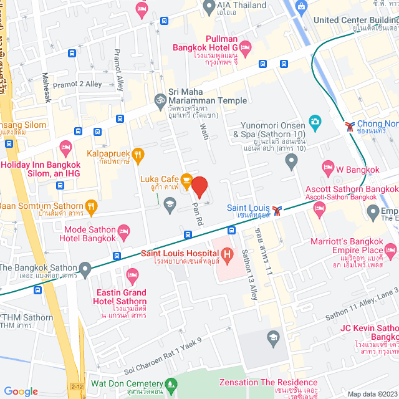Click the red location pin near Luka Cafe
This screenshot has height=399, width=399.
tap(199, 187)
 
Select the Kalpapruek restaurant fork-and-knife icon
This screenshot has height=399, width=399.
tap(138, 153)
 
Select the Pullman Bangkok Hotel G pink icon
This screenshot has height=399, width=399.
tap(245, 47)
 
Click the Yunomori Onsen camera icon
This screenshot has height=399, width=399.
tap(315, 121)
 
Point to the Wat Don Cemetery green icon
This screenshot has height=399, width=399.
tap(172, 384)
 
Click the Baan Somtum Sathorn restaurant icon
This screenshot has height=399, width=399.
tap(91, 206)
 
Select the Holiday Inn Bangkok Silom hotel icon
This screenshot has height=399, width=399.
tap(65, 148)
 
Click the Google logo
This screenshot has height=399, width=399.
tap(21, 391)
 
